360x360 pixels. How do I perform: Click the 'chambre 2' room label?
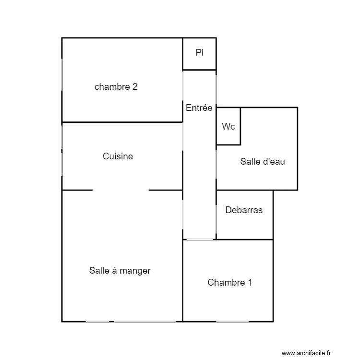(116, 87)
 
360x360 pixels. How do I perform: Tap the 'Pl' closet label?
(199, 53)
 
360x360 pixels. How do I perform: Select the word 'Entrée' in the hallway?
(199, 108)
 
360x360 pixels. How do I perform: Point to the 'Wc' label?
(228, 127)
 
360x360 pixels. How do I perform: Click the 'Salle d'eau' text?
(263, 162)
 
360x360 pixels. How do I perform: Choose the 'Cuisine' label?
(118, 156)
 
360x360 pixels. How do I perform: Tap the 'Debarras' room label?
(244, 210)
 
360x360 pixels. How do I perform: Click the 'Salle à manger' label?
(120, 271)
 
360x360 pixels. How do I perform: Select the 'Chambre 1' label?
(229, 283)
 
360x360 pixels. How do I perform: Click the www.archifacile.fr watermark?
(306, 353)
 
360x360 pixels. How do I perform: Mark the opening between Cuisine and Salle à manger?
(120, 190)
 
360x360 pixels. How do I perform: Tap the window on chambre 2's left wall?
(62, 74)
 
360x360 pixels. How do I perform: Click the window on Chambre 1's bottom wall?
(232, 321)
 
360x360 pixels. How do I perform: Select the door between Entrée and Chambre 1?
(200, 239)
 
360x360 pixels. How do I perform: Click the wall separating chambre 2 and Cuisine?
(122, 122)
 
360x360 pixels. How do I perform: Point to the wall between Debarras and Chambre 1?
(245, 239)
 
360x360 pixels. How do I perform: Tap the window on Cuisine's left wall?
(62, 150)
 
